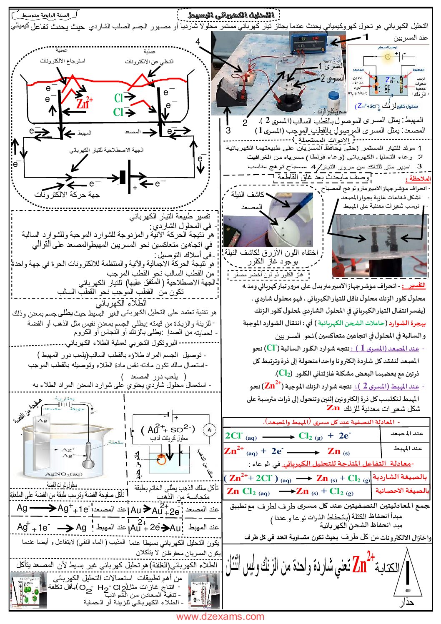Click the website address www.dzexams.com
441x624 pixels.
(x=220, y=616)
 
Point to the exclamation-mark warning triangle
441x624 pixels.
(x=408, y=574)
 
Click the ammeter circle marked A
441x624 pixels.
(x=209, y=430)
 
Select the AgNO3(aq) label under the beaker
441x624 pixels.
(x=64, y=474)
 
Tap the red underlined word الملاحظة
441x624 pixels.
(x=419, y=178)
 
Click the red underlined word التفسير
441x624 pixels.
(x=416, y=286)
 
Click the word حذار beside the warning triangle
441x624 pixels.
(x=406, y=602)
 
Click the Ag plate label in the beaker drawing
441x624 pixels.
(x=43, y=421)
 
